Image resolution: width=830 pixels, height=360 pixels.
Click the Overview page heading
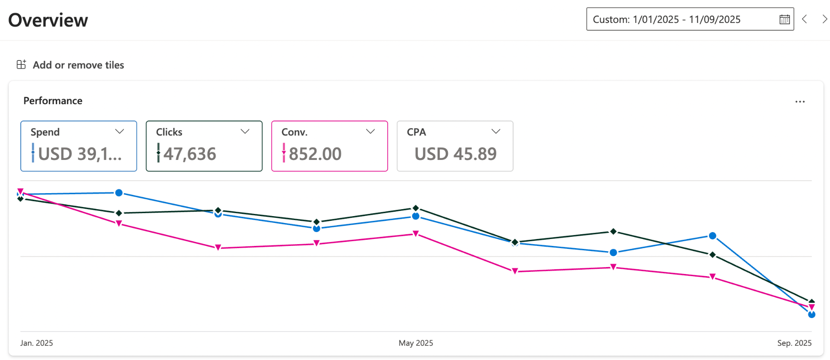[48, 20]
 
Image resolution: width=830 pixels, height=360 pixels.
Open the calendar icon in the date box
[784, 19]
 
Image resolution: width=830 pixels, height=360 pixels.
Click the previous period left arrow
[804, 19]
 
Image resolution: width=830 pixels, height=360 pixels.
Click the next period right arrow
[824, 19]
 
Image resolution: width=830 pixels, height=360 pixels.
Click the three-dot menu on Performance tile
[800, 102]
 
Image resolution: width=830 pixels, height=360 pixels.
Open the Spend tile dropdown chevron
[120, 131]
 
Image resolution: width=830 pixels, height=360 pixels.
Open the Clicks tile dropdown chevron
[245, 131]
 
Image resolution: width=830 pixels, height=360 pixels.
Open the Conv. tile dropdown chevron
[370, 131]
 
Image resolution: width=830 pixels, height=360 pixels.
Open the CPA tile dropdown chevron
[496, 131]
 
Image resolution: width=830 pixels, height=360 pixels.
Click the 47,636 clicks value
[190, 154]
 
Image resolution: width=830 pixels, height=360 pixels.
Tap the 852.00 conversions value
[315, 154]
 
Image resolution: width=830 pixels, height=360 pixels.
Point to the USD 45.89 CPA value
[456, 154]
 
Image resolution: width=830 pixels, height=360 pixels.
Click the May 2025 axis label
[416, 343]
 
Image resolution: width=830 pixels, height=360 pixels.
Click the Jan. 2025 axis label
[37, 343]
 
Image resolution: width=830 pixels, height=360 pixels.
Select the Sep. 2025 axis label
[794, 343]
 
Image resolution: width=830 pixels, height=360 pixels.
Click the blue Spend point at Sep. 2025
[811, 315]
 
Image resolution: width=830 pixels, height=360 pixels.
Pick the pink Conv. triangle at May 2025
[416, 234]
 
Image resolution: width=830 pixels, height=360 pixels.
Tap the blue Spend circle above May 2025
[416, 216]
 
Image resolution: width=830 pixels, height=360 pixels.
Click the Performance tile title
[53, 101]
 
